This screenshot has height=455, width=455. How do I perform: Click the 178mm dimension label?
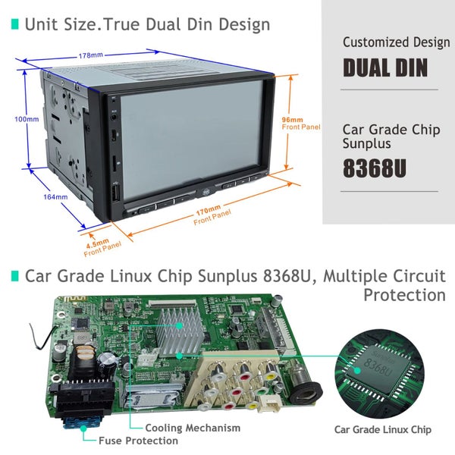point(92,55)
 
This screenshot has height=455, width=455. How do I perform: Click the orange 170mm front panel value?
point(209,208)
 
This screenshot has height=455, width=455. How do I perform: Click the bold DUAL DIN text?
point(384,67)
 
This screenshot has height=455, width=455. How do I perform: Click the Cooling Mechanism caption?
point(193,428)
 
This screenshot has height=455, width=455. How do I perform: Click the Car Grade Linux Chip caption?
point(382,429)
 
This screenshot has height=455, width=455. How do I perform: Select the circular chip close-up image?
point(382,370)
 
